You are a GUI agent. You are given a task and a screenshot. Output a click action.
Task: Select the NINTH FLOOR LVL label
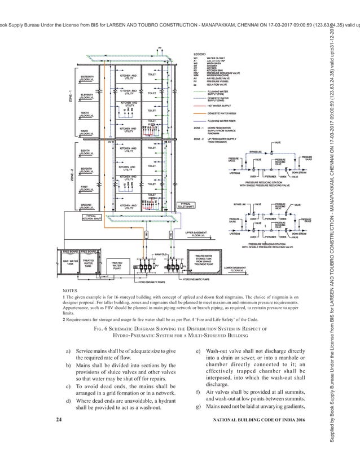click(x=88, y=132)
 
